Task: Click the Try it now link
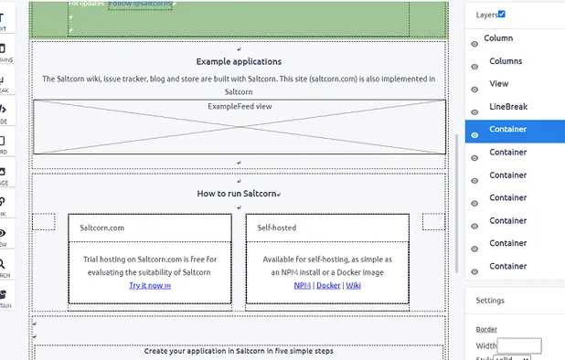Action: (150, 285)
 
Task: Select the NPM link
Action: (302, 285)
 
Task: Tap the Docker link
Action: (328, 285)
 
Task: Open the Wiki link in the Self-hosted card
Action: (353, 285)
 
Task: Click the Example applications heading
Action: (239, 62)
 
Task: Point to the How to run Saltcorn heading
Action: (237, 194)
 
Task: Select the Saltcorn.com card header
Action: (102, 228)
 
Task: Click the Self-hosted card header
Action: (277, 228)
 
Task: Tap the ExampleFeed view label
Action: (240, 107)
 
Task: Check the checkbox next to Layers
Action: (501, 14)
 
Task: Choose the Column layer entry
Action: (498, 38)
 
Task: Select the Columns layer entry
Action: (506, 61)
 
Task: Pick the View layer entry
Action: (499, 84)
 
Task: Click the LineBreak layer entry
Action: (508, 107)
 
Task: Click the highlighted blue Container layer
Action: (507, 130)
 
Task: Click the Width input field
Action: (519, 346)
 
